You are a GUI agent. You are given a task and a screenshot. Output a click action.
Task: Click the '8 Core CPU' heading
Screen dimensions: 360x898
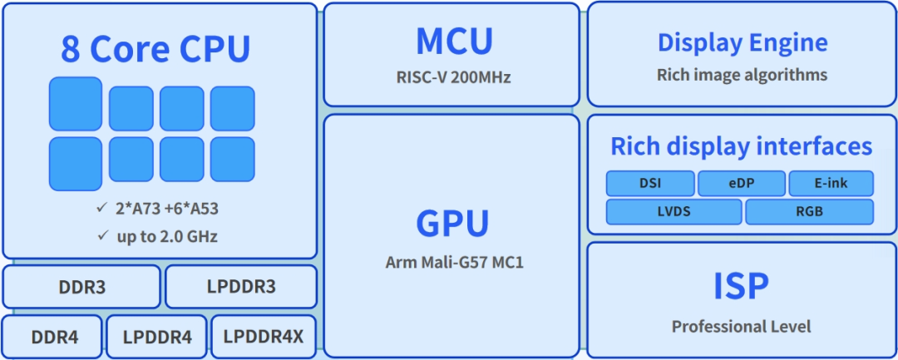click(x=155, y=49)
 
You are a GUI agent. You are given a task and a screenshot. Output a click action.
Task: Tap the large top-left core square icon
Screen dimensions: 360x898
click(x=76, y=104)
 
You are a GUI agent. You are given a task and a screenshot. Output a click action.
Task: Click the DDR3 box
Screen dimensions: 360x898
click(x=81, y=287)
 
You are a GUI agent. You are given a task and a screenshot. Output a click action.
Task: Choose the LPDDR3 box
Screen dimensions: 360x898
click(x=241, y=287)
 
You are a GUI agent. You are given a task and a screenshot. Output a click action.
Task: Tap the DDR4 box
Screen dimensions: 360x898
click(x=53, y=337)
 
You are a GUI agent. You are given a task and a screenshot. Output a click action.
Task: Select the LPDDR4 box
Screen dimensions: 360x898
click(x=157, y=337)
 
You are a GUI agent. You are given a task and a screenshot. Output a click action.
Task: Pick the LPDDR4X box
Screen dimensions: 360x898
click(x=264, y=337)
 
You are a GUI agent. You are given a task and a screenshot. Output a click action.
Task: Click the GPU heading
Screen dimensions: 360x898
click(x=453, y=223)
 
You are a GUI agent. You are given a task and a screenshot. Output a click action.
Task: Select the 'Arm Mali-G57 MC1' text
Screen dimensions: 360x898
click(x=454, y=263)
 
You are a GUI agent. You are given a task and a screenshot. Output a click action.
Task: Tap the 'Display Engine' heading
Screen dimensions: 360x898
click(x=743, y=42)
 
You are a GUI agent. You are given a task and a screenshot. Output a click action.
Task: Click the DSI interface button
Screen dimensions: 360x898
click(x=650, y=183)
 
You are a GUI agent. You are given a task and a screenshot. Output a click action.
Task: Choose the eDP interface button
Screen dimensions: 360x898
click(x=742, y=183)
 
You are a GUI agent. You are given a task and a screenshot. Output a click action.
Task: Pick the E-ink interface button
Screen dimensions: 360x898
click(x=831, y=183)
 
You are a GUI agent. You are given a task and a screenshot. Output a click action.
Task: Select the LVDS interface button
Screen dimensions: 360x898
click(x=673, y=211)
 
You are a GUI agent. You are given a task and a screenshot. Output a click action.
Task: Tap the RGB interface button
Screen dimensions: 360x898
click(x=809, y=211)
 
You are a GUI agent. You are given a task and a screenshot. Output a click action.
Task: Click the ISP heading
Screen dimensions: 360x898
click(x=741, y=285)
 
